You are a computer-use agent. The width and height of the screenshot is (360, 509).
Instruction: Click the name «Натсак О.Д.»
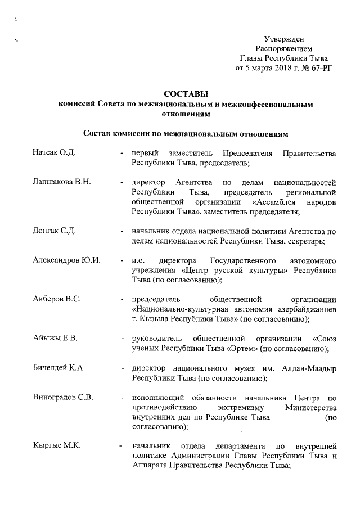(55, 154)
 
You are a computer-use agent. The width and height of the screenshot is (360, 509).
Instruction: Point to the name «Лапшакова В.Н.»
(61, 183)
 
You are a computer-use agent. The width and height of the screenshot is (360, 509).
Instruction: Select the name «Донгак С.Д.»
(55, 231)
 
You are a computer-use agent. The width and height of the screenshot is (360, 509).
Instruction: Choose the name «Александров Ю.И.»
(66, 260)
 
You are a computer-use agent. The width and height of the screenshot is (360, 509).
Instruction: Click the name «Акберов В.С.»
(57, 299)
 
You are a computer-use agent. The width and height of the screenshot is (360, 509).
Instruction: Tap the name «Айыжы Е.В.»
(55, 338)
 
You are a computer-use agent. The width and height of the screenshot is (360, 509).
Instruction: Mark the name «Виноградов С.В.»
(63, 397)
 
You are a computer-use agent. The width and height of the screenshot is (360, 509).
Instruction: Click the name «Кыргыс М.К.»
(57, 446)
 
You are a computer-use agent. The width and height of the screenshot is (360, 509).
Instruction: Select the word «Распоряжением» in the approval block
(284, 48)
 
